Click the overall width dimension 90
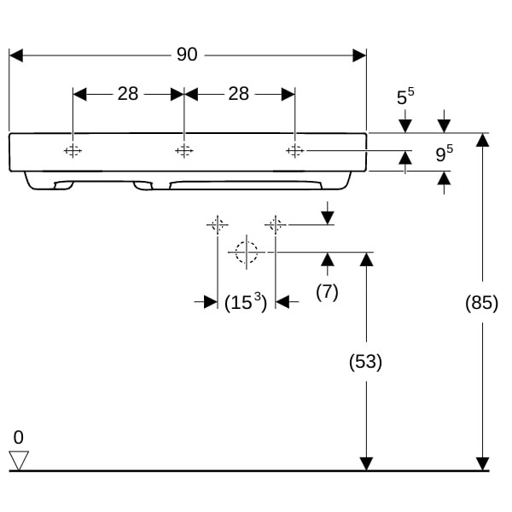(187, 55)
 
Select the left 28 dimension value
(128, 94)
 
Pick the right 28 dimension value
(239, 94)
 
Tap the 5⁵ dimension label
(405, 97)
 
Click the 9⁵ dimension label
(444, 154)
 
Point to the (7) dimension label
(327, 291)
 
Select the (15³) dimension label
(246, 301)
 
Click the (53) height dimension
(366, 362)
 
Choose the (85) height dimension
(483, 302)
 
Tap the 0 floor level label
(19, 438)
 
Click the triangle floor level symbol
(19, 461)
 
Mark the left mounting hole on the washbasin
(73, 151)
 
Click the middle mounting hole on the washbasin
(183, 151)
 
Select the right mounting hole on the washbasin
(294, 151)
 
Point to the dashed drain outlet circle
(246, 252)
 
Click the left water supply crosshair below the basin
(217, 224)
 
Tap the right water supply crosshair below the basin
(275, 224)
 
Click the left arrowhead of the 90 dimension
(15, 55)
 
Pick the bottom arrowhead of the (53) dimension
(366, 463)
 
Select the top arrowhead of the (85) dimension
(483, 140)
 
